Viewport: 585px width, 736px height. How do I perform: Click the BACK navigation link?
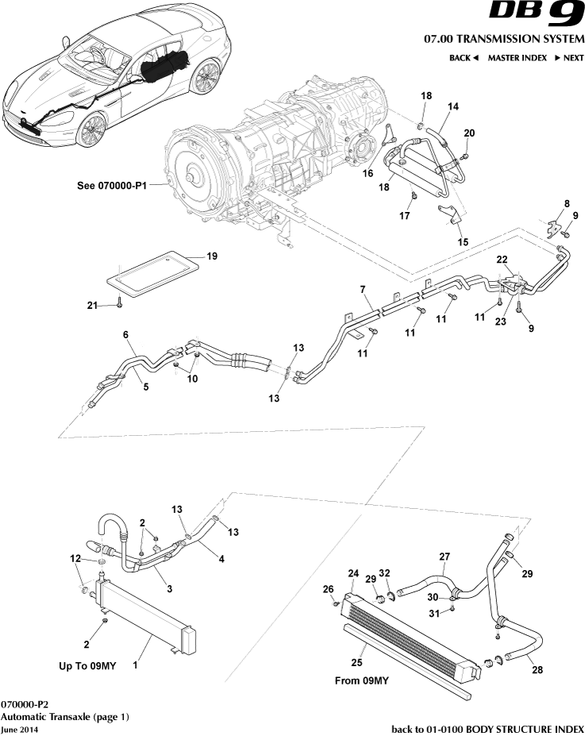click(x=464, y=58)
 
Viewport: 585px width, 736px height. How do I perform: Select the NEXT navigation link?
click(x=569, y=58)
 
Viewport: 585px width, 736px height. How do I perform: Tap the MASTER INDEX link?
click(x=517, y=58)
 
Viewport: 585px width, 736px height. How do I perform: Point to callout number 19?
click(x=211, y=256)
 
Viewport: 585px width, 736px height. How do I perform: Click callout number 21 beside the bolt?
click(x=93, y=305)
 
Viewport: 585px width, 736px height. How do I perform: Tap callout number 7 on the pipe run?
click(x=362, y=290)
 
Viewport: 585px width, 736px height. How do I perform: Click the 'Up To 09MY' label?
click(x=88, y=666)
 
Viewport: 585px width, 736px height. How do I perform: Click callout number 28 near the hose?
click(x=537, y=670)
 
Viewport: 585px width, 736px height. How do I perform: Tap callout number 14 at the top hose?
click(x=453, y=106)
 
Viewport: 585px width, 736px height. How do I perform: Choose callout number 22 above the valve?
click(x=502, y=260)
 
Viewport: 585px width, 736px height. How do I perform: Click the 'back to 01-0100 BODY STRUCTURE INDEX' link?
click(x=488, y=729)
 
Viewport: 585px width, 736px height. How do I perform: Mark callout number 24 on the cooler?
click(x=352, y=572)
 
